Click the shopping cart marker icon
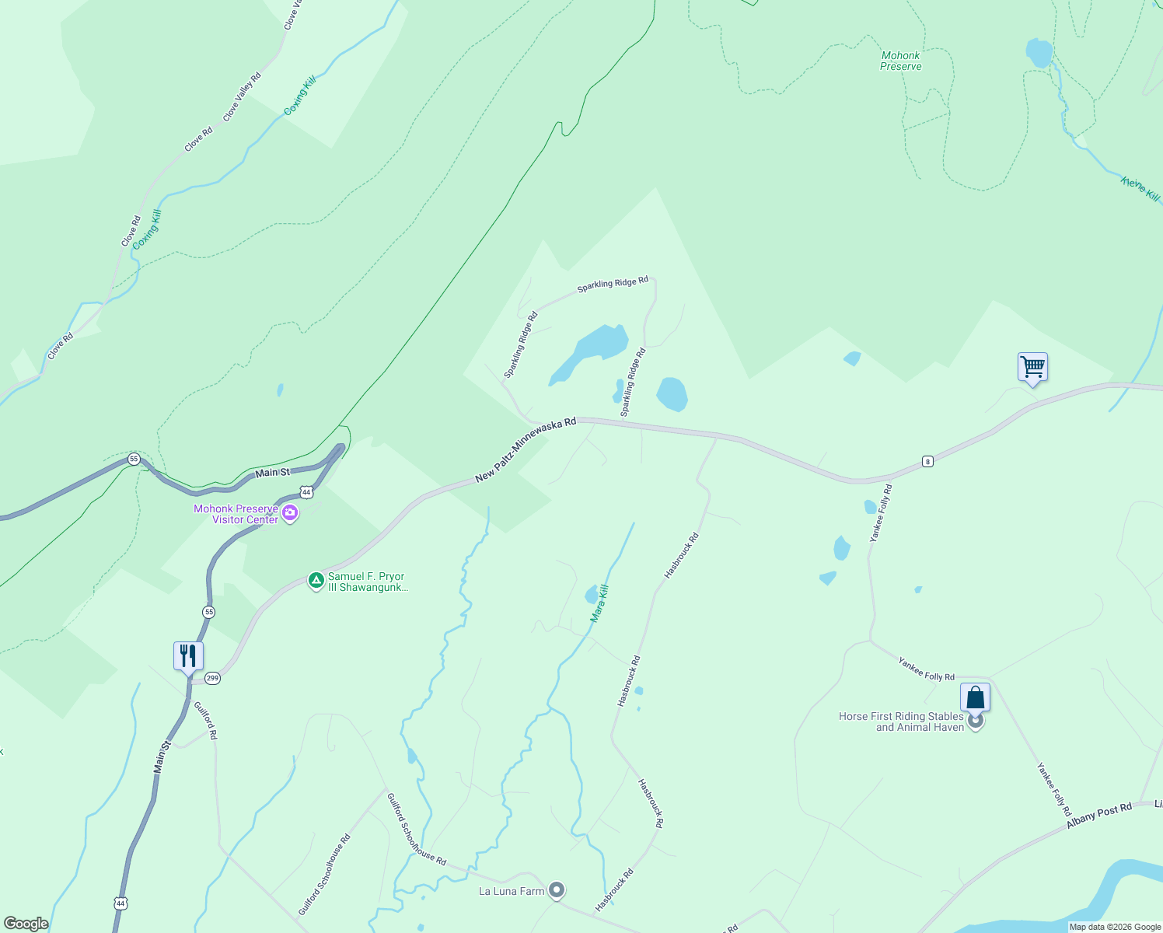pos(1032,366)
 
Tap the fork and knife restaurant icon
pos(188,656)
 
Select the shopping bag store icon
pos(975,697)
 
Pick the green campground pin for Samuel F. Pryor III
pos(316,580)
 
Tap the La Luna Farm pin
pos(556,890)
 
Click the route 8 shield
pos(927,462)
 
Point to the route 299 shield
pos(213,679)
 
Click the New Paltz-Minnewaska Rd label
pos(526,449)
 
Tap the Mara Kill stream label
pos(599,603)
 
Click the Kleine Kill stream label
pos(1140,189)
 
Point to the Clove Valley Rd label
pos(242,97)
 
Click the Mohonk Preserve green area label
pos(901,61)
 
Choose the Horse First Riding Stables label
pos(901,722)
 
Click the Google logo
pos(26,924)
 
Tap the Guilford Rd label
pos(205,721)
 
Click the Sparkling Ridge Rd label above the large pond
pos(613,285)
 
